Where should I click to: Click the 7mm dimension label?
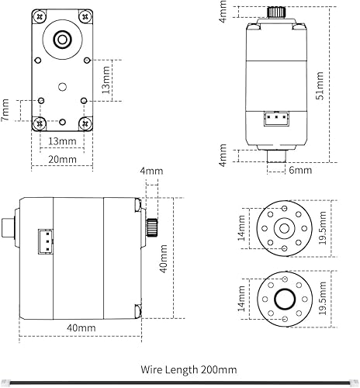coord(7,109)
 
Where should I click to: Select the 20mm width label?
coord(62,158)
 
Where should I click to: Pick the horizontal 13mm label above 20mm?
coord(62,141)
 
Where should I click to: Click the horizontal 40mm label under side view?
coord(81,328)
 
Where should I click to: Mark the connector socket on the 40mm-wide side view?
coord(46,241)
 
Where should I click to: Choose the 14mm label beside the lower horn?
coord(241,300)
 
